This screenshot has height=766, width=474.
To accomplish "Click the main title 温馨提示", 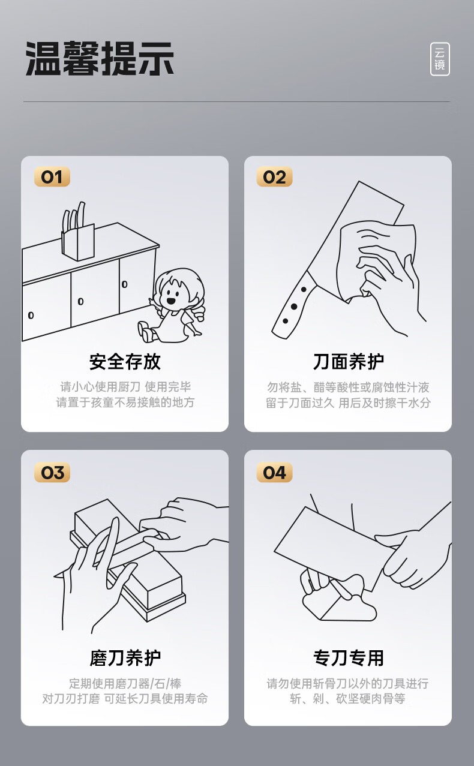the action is click(100, 58).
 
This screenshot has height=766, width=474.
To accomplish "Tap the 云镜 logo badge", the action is click(440, 59).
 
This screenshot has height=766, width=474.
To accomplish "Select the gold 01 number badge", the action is click(52, 177).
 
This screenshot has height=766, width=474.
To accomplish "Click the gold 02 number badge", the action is click(274, 177).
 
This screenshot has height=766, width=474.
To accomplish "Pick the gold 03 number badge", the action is click(52, 473).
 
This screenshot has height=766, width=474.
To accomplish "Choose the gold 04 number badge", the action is click(274, 473).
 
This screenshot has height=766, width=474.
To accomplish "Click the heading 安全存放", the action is click(125, 362).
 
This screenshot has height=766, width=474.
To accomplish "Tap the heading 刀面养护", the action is click(348, 362).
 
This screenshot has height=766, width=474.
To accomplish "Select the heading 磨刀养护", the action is click(125, 657).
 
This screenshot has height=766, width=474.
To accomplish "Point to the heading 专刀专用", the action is click(348, 657).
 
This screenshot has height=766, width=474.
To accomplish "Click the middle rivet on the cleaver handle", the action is click(294, 307).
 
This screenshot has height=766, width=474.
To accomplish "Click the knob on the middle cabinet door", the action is click(81, 302).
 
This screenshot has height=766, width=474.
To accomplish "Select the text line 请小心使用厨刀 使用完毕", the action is click(125, 387).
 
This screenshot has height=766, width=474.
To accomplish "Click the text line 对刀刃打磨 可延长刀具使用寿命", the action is click(125, 699).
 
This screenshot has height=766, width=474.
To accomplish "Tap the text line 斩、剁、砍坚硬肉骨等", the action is click(348, 699).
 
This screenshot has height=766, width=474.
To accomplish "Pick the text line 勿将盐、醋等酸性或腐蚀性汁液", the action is click(348, 387).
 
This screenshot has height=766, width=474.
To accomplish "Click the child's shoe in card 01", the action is click(145, 331).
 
